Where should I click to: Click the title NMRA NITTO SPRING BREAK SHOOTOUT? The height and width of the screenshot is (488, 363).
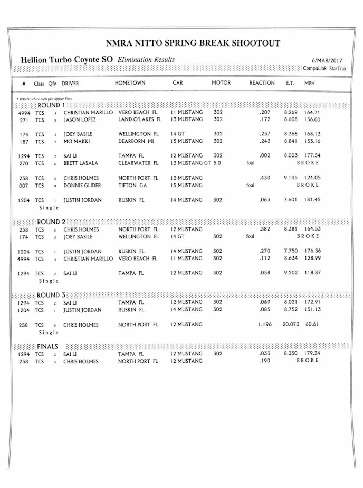(x=193, y=43)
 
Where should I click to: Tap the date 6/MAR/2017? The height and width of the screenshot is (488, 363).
(x=327, y=61)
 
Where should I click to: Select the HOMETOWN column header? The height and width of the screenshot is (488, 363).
(x=130, y=83)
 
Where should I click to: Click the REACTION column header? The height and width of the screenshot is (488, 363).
(x=262, y=83)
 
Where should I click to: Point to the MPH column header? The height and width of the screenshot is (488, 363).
(x=309, y=84)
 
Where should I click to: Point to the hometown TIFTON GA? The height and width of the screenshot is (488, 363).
(x=132, y=186)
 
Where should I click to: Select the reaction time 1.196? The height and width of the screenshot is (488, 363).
(x=264, y=324)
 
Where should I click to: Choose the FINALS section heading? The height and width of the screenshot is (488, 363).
(x=47, y=346)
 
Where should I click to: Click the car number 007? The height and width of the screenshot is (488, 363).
(x=23, y=186)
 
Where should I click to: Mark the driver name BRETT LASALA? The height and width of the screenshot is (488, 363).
(x=81, y=163)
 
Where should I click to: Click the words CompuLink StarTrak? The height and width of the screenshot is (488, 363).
(x=324, y=69)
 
